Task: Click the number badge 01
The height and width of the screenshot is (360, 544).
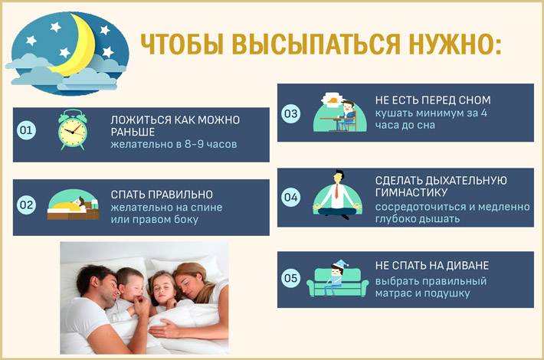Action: point(26,130)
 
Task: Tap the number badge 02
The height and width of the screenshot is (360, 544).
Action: point(26,205)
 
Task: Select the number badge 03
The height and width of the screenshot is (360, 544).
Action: point(290,113)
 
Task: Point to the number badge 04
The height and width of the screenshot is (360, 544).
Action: point(290,197)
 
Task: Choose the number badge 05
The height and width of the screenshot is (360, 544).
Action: point(290,277)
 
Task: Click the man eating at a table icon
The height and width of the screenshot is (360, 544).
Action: point(340,112)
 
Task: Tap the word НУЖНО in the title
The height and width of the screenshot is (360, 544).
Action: point(452,44)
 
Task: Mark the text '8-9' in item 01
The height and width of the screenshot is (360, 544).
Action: point(194,144)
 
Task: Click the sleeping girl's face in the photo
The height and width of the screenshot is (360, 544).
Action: point(164,290)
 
